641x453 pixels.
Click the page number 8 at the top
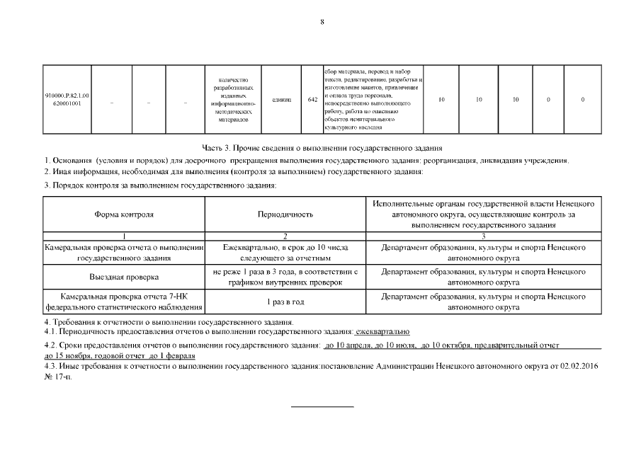pos(322,22)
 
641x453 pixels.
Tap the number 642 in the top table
pos(312,100)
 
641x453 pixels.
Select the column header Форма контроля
pos(124,214)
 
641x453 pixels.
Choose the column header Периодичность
pos(285,214)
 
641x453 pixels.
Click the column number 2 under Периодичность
pos(285,236)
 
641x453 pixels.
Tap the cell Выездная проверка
pos(124,277)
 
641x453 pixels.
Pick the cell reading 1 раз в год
pos(285,302)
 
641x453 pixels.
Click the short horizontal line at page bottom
pos(323,407)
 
